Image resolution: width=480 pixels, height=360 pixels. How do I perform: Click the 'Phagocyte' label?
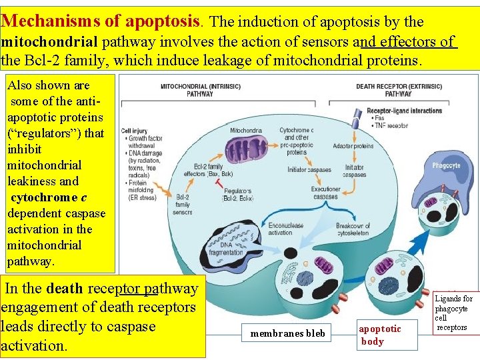tap(446, 165)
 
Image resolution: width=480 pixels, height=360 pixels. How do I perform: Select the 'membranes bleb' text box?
tap(288, 333)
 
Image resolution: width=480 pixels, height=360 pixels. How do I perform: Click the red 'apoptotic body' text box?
tap(381, 335)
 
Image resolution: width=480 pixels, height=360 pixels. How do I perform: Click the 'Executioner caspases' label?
tap(325, 193)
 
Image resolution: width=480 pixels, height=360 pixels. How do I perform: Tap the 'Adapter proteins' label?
tap(353, 146)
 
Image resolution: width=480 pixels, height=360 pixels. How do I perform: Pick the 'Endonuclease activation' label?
tap(279, 229)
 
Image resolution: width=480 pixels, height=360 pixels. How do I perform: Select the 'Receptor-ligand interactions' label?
tap(404, 110)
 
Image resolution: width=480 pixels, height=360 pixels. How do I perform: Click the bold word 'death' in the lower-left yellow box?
tap(65, 289)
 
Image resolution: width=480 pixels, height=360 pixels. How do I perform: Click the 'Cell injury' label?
tap(133, 131)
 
